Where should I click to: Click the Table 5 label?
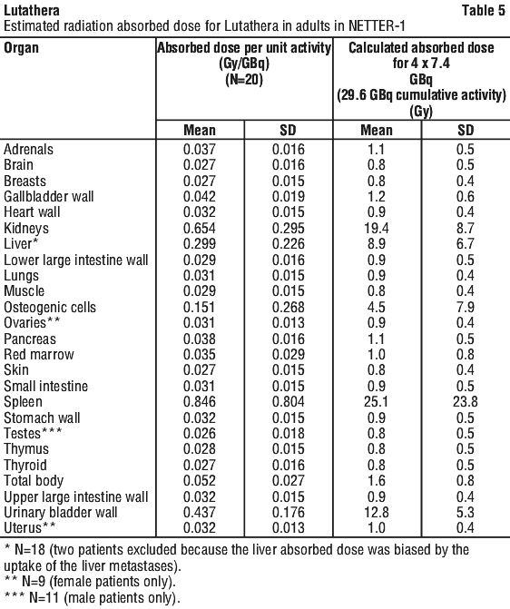click(483, 11)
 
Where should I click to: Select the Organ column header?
click(22, 48)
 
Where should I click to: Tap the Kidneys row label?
click(26, 228)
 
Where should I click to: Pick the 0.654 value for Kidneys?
click(200, 228)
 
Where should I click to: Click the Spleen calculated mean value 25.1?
click(376, 401)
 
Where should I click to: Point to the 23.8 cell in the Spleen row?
click(465, 401)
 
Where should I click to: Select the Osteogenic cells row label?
click(50, 307)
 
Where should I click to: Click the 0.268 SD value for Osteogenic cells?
click(288, 307)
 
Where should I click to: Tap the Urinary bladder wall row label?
click(61, 512)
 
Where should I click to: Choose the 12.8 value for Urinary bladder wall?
click(376, 512)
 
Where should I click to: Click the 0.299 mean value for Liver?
click(200, 244)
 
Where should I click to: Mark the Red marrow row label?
click(39, 355)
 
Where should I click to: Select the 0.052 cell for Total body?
click(200, 481)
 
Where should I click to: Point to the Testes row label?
click(33, 434)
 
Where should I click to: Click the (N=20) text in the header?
click(244, 80)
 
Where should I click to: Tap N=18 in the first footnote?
click(30, 550)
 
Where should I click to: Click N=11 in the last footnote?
click(44, 597)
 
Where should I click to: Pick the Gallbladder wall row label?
click(49, 197)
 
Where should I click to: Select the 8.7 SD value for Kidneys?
click(465, 228)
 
